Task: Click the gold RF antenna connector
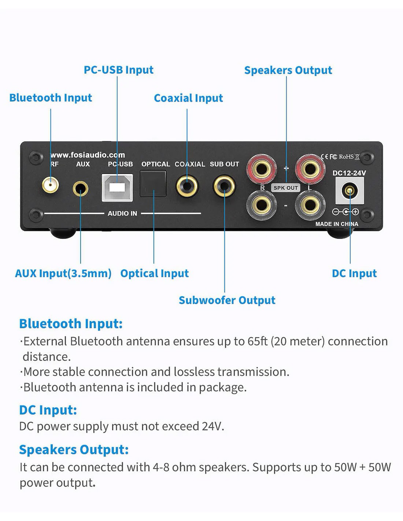coord(50,185)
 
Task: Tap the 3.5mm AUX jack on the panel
coord(80,189)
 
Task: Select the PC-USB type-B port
coord(117,188)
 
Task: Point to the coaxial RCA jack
coord(187,186)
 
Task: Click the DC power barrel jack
coord(350,191)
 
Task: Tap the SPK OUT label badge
coord(286,188)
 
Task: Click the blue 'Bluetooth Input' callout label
coord(51,98)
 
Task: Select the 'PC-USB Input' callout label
coord(118,70)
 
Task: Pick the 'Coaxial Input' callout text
coord(188,98)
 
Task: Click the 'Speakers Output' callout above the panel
coord(288,70)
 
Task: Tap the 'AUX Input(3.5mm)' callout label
coord(63,273)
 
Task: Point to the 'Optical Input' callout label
coord(154,273)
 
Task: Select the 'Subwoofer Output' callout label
coord(227,300)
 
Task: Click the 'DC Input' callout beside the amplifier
coord(354,273)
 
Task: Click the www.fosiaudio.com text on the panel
coord(88,155)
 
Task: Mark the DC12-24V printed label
coord(349,173)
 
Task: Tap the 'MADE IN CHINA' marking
coord(337,224)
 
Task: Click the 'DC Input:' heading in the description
coord(48,410)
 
